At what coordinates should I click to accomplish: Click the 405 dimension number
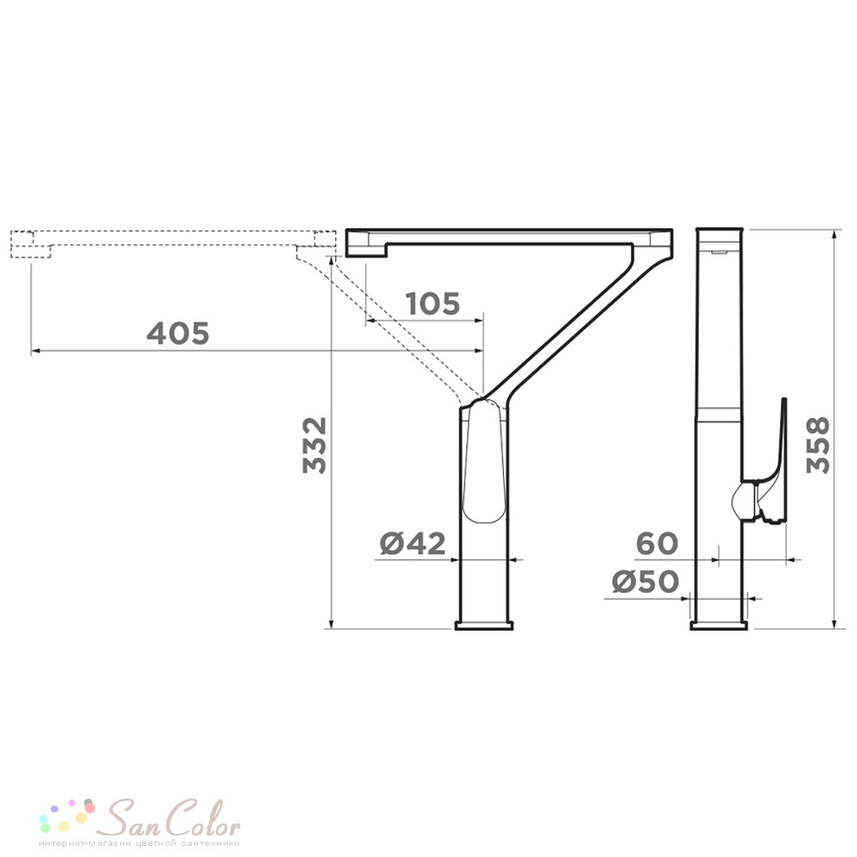pyautogui.click(x=178, y=333)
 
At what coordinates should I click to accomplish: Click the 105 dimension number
pyautogui.click(x=432, y=304)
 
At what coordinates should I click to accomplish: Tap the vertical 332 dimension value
pyautogui.click(x=315, y=446)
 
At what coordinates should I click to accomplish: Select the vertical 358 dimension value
pyautogui.click(x=818, y=446)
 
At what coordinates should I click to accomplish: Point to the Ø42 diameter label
pyautogui.click(x=413, y=544)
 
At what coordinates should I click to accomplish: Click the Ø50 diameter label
pyautogui.click(x=645, y=582)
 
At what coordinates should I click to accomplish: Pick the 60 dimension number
pyautogui.click(x=657, y=544)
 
